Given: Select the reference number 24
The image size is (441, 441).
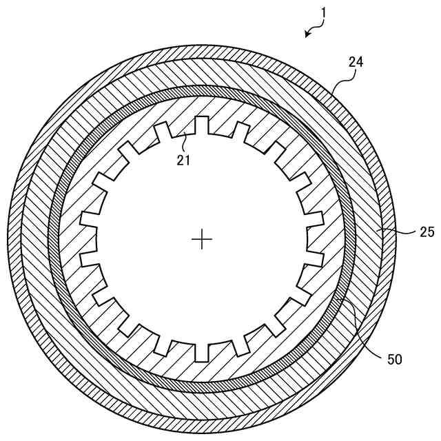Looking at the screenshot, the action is click(x=356, y=61).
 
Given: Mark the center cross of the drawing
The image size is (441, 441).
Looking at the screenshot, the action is click(x=202, y=239).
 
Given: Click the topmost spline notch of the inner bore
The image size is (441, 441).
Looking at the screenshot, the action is click(x=202, y=125).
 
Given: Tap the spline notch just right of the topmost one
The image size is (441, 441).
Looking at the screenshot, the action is click(x=240, y=130).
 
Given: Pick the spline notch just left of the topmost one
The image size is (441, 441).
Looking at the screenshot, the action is click(x=163, y=131).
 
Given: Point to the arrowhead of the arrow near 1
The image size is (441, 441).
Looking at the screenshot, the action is click(x=306, y=35).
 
